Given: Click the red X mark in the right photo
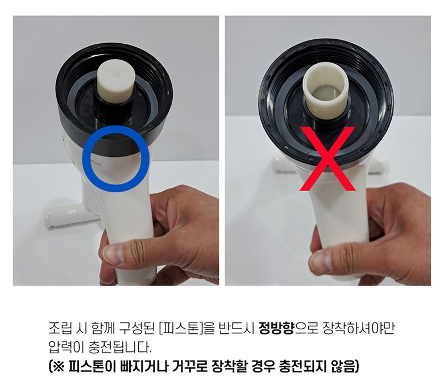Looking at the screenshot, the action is coord(327,159).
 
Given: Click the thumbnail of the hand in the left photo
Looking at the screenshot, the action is coord(113,254).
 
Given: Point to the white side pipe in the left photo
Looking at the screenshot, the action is coord(72,215).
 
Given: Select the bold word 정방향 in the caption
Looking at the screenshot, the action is coord(276,328).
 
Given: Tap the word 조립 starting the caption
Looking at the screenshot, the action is coord(60,328).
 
